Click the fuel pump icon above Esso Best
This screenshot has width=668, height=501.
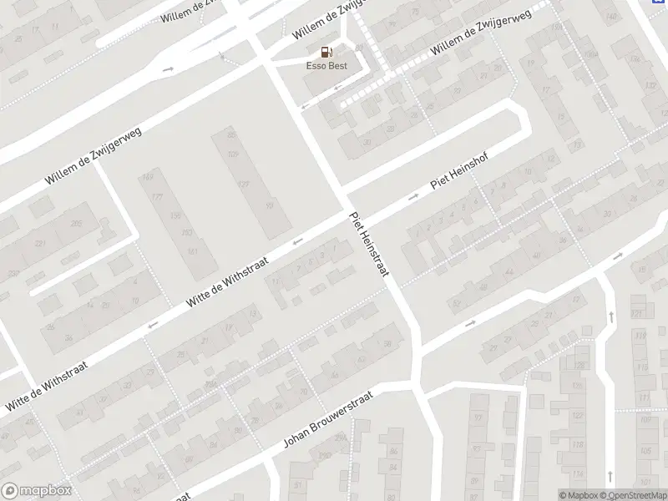[x=326, y=50]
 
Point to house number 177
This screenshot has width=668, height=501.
[x=155, y=196]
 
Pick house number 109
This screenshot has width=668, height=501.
[x=233, y=154]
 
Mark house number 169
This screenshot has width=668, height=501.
[x=149, y=177]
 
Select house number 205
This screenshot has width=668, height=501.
[x=77, y=224]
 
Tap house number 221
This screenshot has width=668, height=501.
[x=39, y=244]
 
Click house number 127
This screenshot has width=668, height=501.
[x=244, y=184]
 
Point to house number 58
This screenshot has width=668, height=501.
[x=387, y=343]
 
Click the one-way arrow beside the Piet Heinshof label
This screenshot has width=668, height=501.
[x=412, y=198]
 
